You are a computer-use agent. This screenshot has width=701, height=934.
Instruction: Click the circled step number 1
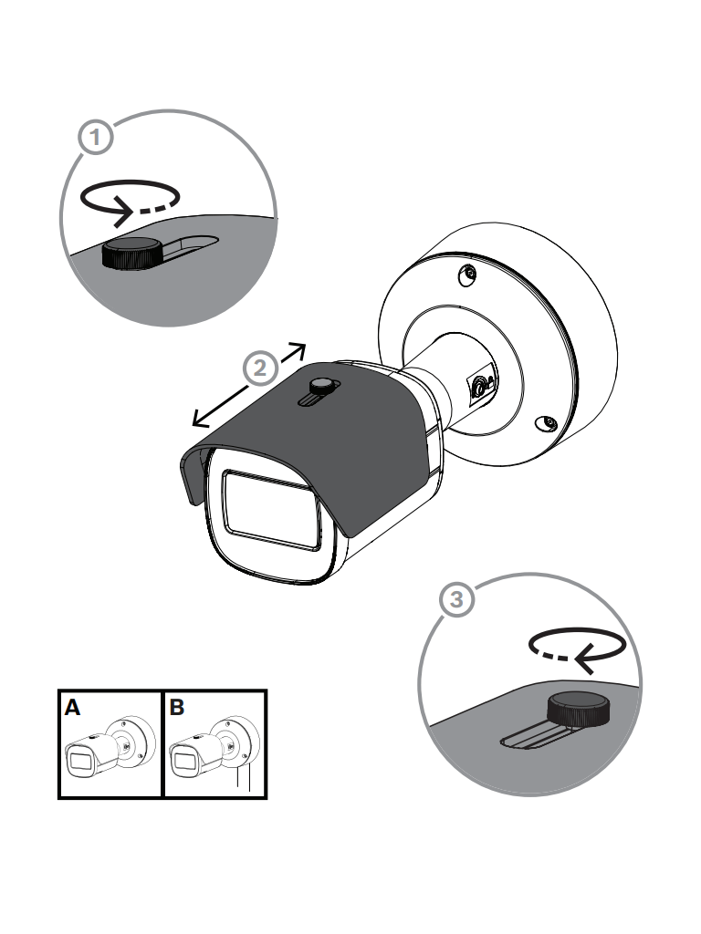pyautogui.click(x=95, y=138)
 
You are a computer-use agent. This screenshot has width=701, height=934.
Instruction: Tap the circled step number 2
pyautogui.click(x=260, y=368)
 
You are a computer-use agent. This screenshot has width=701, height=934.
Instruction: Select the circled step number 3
pyautogui.click(x=456, y=598)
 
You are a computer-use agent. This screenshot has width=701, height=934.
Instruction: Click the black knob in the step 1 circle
pyautogui.click(x=131, y=254)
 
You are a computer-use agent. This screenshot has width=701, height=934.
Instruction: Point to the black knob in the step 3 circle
pyautogui.click(x=578, y=710)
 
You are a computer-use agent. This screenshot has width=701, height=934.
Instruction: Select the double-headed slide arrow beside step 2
pyautogui.click(x=249, y=386)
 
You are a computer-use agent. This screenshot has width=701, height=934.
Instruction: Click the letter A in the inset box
pyautogui.click(x=72, y=708)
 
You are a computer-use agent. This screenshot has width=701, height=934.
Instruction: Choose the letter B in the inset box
pyautogui.click(x=176, y=708)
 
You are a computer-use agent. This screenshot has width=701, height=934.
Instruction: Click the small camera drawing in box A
pyautogui.click(x=110, y=747)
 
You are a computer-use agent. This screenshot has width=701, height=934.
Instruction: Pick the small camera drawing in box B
pyautogui.click(x=214, y=747)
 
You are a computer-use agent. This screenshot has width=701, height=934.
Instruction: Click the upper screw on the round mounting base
pyautogui.click(x=467, y=275)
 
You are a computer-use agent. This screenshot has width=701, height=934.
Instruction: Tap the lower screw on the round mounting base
pyautogui.click(x=547, y=424)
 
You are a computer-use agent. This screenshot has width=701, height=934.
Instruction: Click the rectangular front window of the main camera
pyautogui.click(x=270, y=510)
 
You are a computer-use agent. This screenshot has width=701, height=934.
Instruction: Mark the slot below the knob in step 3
pyautogui.click(x=534, y=737)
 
